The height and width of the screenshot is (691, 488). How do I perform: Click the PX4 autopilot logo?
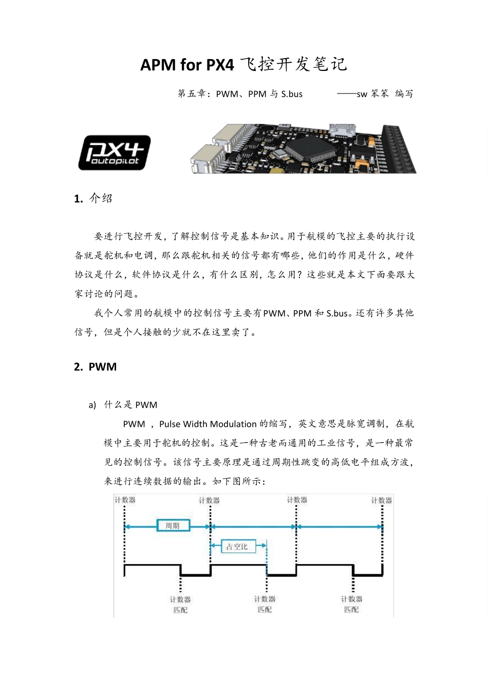114,153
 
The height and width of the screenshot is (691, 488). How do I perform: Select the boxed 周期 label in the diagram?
173,525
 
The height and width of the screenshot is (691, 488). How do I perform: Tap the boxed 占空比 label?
237,547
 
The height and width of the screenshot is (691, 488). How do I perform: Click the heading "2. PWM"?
95,367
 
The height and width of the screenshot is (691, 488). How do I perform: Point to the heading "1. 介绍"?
93,198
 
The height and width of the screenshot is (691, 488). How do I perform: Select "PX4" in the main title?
220,65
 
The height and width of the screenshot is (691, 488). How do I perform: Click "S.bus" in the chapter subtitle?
292,94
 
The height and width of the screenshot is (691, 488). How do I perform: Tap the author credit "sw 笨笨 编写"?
385,94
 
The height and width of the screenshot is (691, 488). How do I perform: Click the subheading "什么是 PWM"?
130,405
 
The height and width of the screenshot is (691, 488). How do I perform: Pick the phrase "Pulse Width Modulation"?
208,424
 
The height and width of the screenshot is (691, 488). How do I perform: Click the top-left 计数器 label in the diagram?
125,500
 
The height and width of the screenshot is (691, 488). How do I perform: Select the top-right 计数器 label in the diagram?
382,500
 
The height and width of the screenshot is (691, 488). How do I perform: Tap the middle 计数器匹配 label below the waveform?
265,604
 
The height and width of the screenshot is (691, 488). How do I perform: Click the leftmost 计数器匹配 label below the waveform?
180,605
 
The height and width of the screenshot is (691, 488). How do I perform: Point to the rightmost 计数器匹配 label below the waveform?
352,604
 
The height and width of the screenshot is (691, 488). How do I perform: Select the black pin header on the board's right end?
399,149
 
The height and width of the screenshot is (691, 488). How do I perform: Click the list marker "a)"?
92,405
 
